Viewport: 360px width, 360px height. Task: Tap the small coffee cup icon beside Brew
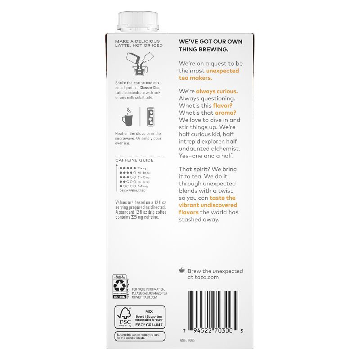coord(181,270)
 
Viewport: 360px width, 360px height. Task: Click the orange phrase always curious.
coord(217,91)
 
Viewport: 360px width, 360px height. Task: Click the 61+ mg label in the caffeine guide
coord(141,168)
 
